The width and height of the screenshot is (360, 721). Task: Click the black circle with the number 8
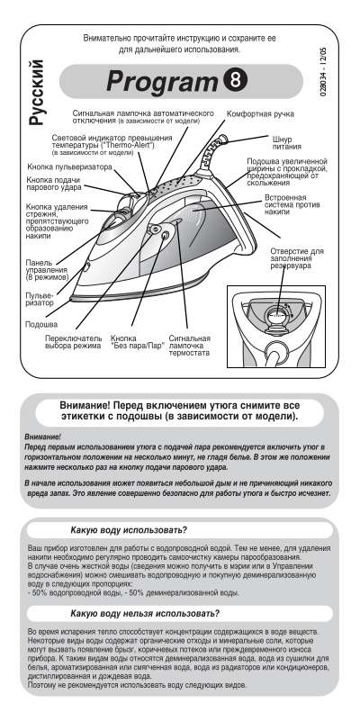click(x=236, y=80)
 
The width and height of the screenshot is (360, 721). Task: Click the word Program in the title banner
click(x=162, y=82)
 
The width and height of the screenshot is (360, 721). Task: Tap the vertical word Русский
click(x=37, y=93)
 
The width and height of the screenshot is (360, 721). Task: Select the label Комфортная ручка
click(x=260, y=114)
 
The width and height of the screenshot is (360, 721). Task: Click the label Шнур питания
click(x=286, y=143)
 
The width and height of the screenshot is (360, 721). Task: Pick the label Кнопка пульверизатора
click(x=69, y=167)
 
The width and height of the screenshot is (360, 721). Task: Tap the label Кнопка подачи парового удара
click(x=54, y=184)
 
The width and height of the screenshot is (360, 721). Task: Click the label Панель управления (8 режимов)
click(x=47, y=270)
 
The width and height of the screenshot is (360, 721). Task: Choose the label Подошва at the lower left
click(x=41, y=324)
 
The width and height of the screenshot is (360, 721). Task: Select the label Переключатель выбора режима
click(x=74, y=342)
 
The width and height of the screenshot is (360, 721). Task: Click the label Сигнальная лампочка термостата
click(x=189, y=346)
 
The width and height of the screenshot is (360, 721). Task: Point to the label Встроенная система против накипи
click(x=292, y=204)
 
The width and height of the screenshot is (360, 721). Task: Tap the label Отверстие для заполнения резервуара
click(x=297, y=258)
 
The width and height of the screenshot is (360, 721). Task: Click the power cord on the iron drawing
click(x=213, y=151)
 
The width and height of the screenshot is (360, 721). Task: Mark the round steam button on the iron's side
click(x=165, y=236)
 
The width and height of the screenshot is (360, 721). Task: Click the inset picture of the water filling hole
click(x=276, y=327)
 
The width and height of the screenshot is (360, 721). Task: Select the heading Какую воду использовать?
click(x=129, y=530)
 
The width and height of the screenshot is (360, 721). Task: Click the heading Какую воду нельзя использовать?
click(x=145, y=614)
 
